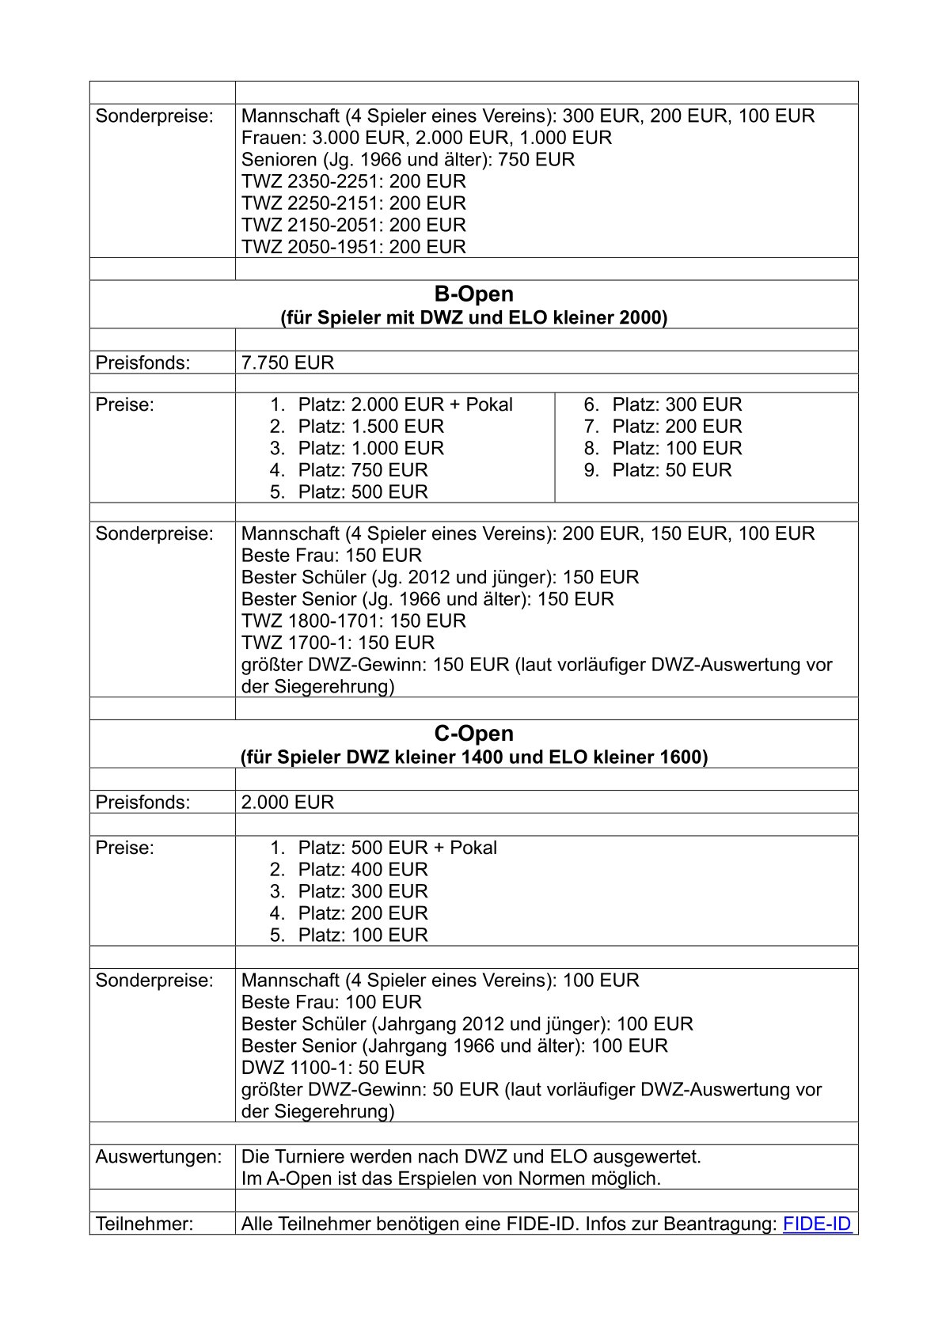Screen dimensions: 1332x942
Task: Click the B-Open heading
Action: (473, 294)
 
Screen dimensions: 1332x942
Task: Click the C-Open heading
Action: (473, 734)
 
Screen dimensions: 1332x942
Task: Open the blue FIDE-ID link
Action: (816, 1224)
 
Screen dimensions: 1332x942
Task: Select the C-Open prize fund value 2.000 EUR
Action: (287, 803)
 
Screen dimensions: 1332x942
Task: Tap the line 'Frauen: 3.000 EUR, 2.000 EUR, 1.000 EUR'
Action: (427, 138)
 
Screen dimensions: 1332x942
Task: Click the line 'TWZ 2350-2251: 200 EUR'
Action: (354, 181)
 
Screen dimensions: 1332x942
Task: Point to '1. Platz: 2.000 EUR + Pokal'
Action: (391, 405)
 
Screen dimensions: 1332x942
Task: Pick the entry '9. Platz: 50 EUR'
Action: (658, 470)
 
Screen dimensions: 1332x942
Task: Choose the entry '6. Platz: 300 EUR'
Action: (663, 405)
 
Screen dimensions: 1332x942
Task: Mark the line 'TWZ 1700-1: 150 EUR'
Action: (338, 643)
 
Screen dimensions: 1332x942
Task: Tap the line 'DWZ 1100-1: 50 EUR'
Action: (333, 1068)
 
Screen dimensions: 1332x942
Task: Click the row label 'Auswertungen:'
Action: (158, 1157)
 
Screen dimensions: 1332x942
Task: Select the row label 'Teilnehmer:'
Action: (144, 1224)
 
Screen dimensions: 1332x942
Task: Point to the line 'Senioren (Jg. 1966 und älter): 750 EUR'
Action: (408, 160)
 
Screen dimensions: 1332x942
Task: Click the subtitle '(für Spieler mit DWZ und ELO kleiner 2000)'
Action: (473, 318)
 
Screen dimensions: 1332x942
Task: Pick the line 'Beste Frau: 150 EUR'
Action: (332, 556)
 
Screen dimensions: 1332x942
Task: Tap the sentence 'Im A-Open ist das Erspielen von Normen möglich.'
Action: (450, 1178)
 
